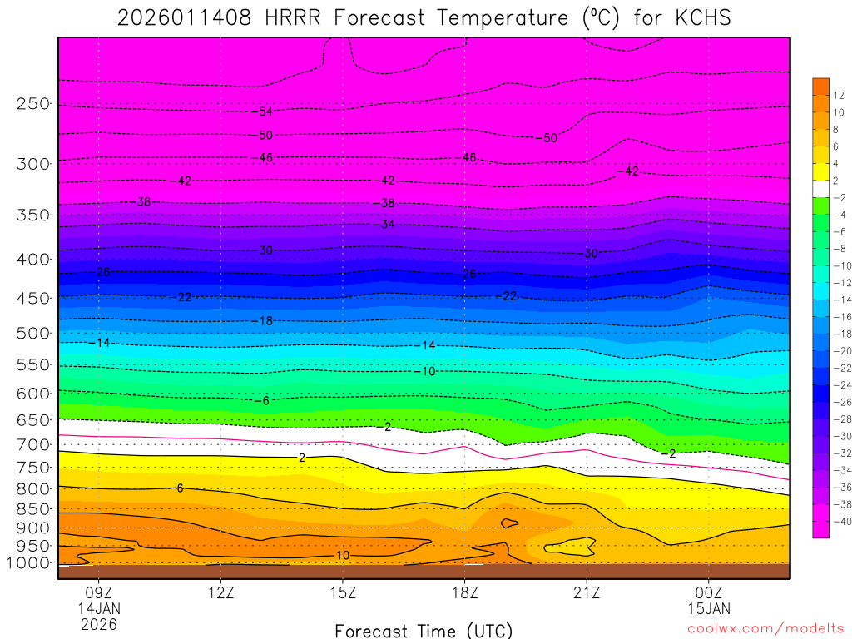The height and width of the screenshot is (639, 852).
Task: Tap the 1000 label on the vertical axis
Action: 28,563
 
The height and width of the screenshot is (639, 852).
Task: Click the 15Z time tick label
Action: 343,593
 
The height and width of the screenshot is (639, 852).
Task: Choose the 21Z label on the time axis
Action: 587,593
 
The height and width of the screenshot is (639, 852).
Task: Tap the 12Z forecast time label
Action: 220,593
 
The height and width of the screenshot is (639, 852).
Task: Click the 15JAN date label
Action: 708,608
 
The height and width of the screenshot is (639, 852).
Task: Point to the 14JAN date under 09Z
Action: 99,608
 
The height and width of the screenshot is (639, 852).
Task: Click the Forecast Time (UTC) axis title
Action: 424,631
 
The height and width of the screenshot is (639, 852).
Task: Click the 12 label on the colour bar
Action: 839,95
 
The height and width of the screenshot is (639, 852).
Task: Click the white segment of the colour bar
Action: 820,189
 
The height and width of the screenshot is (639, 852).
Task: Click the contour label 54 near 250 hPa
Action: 265,111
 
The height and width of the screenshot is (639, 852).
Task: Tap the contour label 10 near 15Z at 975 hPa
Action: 343,555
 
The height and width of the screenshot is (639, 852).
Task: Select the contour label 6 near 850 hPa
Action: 181,488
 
